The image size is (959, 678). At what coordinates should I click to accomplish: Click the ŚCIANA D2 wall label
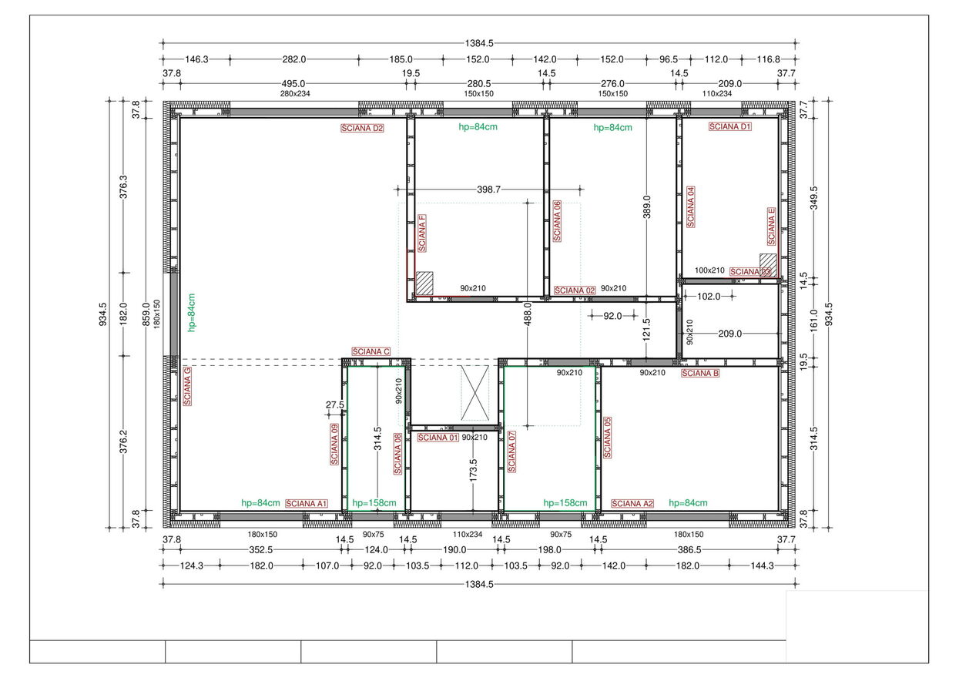click(x=362, y=128)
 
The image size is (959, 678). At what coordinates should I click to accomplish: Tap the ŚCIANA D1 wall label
click(x=730, y=126)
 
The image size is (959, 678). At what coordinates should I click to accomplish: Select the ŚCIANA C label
click(x=371, y=351)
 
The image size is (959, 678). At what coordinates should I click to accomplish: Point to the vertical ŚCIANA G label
click(x=187, y=386)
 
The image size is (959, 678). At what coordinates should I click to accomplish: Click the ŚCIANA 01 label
click(x=438, y=438)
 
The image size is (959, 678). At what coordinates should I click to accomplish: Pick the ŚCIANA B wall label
click(x=700, y=373)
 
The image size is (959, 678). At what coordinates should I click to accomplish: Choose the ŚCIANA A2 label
click(x=632, y=504)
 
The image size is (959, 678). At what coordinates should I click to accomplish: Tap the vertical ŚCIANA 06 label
click(x=557, y=221)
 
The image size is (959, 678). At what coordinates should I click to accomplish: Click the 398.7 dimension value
click(x=489, y=190)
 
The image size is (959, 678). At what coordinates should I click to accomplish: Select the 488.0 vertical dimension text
click(x=528, y=314)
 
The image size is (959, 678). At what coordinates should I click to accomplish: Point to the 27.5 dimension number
click(x=335, y=404)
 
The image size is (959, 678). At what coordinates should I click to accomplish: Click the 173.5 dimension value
click(x=473, y=470)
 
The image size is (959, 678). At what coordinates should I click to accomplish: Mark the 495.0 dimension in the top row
click(x=293, y=83)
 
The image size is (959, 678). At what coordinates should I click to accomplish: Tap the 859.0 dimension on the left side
click(x=146, y=314)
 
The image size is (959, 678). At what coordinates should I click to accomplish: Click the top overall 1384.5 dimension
click(x=479, y=43)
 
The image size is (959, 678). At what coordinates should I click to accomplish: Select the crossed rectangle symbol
click(x=474, y=393)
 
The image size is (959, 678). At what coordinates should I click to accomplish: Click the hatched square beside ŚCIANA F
click(x=424, y=283)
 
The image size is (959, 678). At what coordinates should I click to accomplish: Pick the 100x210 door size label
click(x=709, y=270)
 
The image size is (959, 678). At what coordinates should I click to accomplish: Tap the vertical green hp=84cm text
click(x=191, y=313)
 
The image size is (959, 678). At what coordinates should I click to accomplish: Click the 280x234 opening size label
click(x=295, y=93)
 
